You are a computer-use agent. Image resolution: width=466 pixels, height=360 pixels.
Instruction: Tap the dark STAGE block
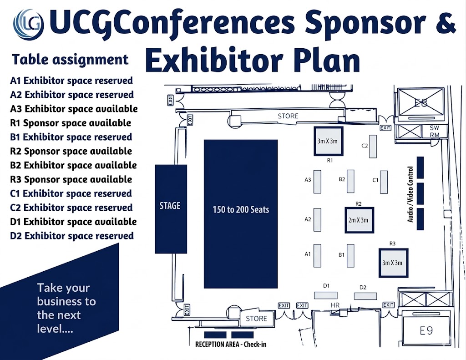(x=171, y=208)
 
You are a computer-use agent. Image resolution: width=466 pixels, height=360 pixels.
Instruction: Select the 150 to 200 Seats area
(x=241, y=213)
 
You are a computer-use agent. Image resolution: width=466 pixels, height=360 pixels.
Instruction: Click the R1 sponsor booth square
(x=328, y=142)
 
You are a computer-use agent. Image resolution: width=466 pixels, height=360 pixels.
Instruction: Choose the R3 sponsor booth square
(x=392, y=263)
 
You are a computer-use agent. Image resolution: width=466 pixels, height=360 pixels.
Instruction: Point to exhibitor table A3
(x=318, y=180)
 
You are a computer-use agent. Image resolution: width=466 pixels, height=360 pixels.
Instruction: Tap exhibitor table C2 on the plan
(x=373, y=146)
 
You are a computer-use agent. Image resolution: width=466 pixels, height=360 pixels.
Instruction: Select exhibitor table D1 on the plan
(x=326, y=295)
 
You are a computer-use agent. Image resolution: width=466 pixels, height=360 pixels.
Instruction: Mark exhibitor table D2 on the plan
(x=366, y=296)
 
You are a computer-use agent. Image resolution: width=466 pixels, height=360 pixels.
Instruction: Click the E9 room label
(x=426, y=330)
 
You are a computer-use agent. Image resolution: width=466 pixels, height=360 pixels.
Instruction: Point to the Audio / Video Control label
(x=411, y=194)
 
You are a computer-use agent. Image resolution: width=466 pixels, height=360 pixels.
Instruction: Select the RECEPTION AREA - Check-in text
(x=231, y=344)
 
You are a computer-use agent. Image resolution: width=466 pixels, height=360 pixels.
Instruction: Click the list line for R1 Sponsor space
(x=71, y=123)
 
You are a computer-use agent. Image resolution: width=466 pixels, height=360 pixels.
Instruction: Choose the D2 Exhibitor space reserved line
(x=72, y=236)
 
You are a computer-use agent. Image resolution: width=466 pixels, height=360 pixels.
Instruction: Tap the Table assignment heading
(x=70, y=60)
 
